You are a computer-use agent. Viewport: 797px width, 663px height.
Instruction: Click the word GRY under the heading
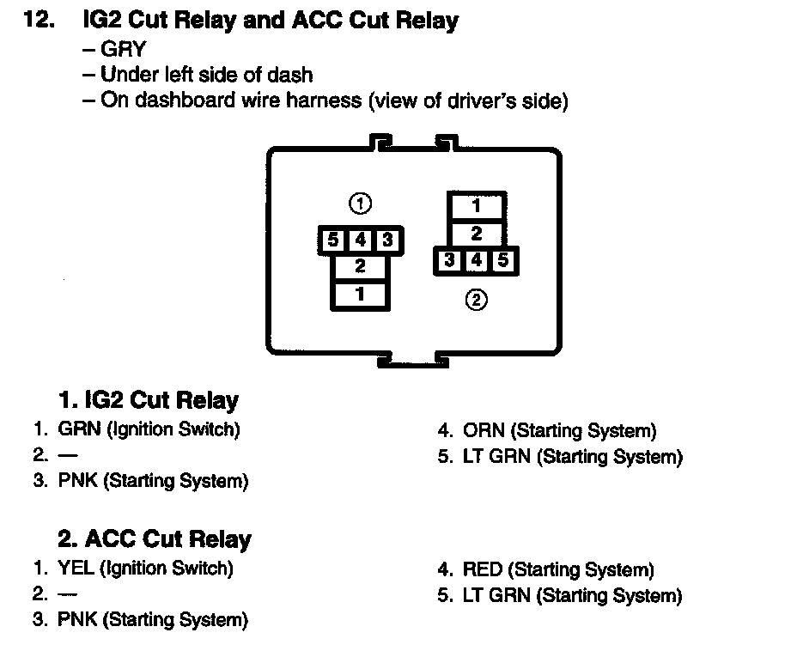point(123,49)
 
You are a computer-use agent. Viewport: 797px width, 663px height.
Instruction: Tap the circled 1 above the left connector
point(361,204)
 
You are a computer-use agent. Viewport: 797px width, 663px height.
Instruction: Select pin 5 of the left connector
point(332,240)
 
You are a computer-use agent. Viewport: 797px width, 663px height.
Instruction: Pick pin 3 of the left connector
point(387,240)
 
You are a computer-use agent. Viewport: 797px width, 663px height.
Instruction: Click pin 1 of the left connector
point(360,294)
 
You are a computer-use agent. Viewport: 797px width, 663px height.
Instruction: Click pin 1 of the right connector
point(477,206)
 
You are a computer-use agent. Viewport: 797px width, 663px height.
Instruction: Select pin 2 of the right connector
point(477,233)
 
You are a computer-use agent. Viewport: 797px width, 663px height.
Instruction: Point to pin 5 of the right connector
point(504,259)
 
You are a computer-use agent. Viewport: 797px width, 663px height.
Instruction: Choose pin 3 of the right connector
point(449,259)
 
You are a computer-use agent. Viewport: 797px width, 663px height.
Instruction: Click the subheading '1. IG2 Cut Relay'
point(148,400)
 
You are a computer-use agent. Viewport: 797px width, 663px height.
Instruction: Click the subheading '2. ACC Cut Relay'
point(155,539)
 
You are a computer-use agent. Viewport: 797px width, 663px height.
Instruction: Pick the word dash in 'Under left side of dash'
point(293,74)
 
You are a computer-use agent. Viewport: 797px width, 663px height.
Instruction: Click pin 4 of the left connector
point(360,240)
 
